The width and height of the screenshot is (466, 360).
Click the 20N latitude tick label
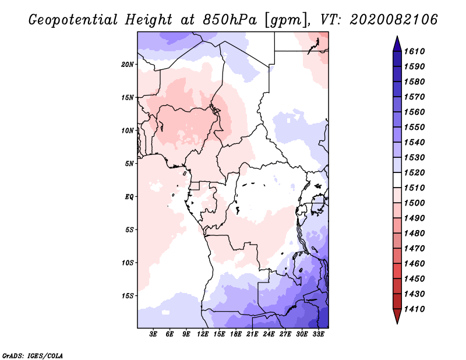coord(128,64)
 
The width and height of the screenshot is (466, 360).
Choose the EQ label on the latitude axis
coord(130,197)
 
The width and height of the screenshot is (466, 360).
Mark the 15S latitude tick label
coord(128,296)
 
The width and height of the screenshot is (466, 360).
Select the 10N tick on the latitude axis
coord(128,130)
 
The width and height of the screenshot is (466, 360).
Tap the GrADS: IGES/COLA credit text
coord(33,355)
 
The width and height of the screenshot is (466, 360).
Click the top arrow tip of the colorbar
coord(396,40)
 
